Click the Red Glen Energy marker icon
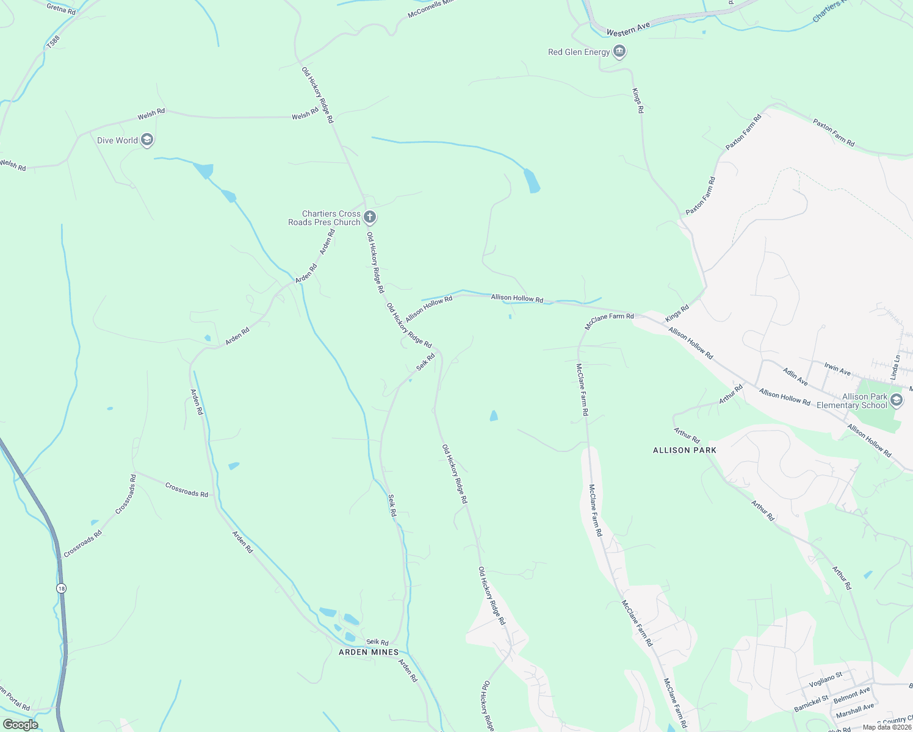tap(619, 52)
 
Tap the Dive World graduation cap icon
tap(146, 140)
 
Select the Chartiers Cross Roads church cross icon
tap(369, 217)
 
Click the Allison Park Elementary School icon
tap(896, 401)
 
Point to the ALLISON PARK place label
tap(685, 450)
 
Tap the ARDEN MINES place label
tap(369, 652)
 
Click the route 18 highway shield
tap(61, 588)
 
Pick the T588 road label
tap(54, 42)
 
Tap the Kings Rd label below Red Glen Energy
tap(638, 101)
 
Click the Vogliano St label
tap(826, 680)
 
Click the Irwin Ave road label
tap(837, 368)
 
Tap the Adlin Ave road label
tap(795, 376)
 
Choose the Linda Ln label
tap(896, 368)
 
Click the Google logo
tap(20, 725)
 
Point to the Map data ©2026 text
tap(886, 727)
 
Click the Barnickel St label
tap(811, 703)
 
